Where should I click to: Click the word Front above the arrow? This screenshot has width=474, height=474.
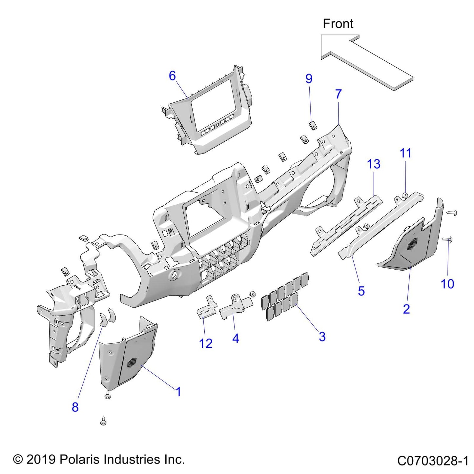pyautogui.click(x=338, y=24)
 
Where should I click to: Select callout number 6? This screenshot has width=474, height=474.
pyautogui.click(x=172, y=76)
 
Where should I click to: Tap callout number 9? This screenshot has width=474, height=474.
pyautogui.click(x=309, y=79)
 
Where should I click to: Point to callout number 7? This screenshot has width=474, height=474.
pyautogui.click(x=339, y=94)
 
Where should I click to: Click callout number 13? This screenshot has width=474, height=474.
pyautogui.click(x=374, y=164)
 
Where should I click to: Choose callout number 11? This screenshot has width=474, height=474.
pyautogui.click(x=405, y=153)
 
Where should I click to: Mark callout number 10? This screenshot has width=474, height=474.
pyautogui.click(x=447, y=284)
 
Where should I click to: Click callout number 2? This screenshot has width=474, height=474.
pyautogui.click(x=406, y=309)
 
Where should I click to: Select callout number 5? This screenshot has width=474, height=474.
pyautogui.click(x=361, y=291)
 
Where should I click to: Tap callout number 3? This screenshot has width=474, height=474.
pyautogui.click(x=322, y=337)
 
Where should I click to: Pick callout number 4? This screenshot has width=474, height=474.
pyautogui.click(x=236, y=339)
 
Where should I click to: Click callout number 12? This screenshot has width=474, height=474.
pyautogui.click(x=206, y=343)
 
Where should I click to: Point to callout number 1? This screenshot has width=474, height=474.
pyautogui.click(x=178, y=392)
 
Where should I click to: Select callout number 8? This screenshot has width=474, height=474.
pyautogui.click(x=75, y=407)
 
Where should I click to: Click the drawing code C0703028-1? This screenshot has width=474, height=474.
pyautogui.click(x=433, y=461)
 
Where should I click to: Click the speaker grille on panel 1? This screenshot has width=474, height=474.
pyautogui.click(x=132, y=362)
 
